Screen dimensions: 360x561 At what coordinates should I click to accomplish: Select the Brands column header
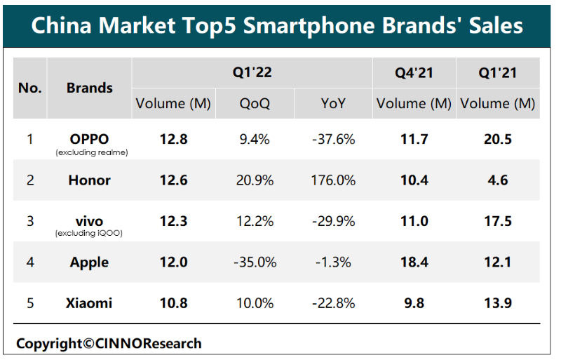90,88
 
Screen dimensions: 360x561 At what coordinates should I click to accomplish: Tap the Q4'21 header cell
414,73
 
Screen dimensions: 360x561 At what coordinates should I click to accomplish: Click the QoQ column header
255,104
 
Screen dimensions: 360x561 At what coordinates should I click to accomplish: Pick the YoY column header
333,104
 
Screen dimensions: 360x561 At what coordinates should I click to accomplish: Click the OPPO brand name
90,138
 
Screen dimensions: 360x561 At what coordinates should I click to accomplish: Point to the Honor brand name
90,180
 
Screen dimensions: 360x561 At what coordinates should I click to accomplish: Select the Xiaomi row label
90,303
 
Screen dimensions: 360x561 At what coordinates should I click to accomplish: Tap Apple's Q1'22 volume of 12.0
173,262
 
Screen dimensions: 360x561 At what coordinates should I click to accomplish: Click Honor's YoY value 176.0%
333,180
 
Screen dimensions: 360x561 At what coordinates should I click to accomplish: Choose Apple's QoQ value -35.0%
255,262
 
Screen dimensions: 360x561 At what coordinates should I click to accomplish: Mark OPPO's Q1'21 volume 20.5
497,139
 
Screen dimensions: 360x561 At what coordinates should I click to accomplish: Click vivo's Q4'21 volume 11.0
414,221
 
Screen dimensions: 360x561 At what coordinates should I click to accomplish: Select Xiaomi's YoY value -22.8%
333,303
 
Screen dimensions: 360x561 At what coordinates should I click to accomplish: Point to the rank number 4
30,262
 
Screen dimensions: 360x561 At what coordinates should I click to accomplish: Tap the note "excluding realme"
90,152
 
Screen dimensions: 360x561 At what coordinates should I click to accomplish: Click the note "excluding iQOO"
90,234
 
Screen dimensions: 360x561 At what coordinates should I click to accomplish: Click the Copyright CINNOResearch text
109,344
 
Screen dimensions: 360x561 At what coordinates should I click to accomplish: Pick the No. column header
30,88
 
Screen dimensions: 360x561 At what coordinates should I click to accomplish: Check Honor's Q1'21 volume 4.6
497,180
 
